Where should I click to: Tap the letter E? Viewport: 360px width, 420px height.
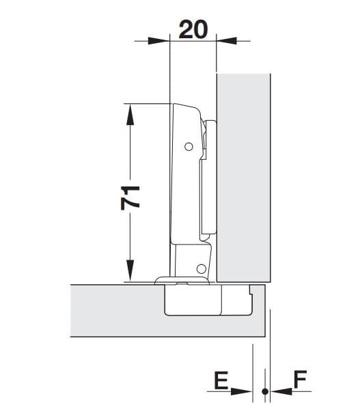pyautogui.click(x=221, y=381)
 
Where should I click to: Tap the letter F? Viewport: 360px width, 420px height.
pyautogui.click(x=300, y=381)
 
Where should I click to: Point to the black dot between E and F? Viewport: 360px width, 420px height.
pyautogui.click(x=264, y=391)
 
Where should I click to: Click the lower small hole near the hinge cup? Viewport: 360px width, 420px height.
pyautogui.click(x=202, y=268)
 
